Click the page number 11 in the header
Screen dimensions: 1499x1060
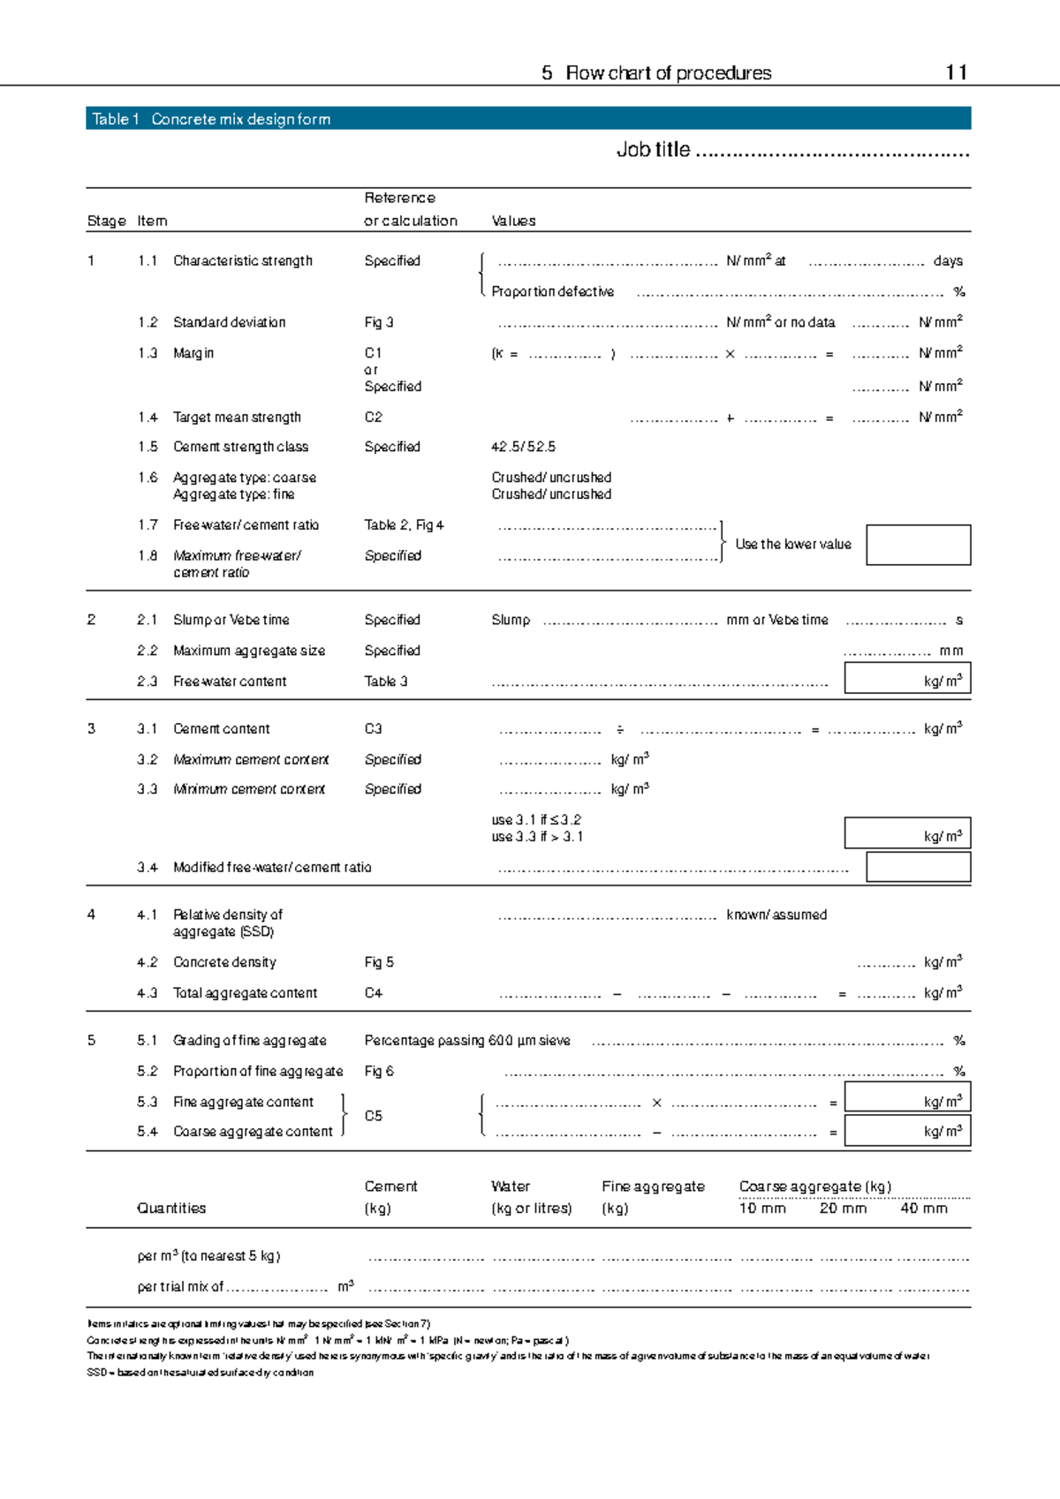(956, 72)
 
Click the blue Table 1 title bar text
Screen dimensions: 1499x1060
(211, 119)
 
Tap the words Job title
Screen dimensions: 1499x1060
(653, 150)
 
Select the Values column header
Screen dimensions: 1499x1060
(513, 221)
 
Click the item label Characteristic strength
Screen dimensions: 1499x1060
(243, 261)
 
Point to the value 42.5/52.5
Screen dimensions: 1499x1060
(523, 447)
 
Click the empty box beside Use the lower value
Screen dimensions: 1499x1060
(918, 545)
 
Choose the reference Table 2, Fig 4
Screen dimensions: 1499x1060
(404, 525)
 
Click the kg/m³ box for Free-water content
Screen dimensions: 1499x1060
(907, 679)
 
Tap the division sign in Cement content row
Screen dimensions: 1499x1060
(620, 730)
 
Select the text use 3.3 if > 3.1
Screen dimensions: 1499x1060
(537, 837)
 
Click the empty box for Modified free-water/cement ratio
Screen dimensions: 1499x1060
(918, 867)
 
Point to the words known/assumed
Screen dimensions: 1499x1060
(776, 915)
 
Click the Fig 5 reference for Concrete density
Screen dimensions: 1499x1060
(379, 962)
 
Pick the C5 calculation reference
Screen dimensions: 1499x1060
(374, 1117)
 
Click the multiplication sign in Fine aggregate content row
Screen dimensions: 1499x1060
(656, 1103)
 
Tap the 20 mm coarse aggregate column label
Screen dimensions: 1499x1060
(843, 1209)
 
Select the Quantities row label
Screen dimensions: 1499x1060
(171, 1209)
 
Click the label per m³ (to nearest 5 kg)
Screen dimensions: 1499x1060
(208, 1256)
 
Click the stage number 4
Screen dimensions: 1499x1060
(91, 915)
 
